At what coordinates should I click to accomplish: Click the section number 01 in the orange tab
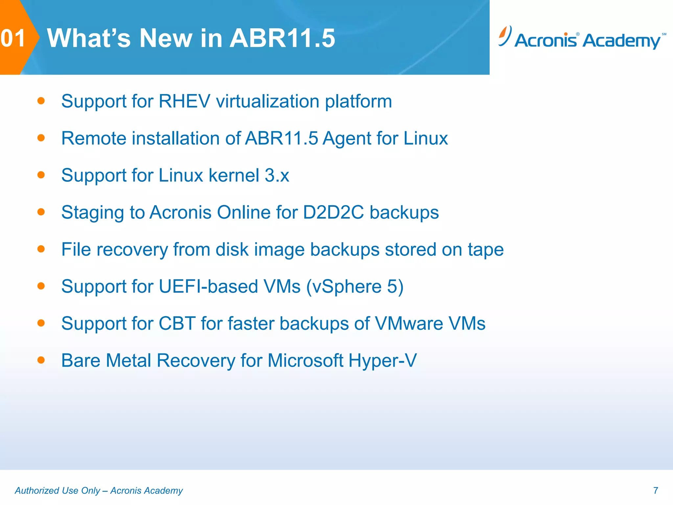tap(13, 38)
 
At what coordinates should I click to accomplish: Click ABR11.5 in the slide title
tap(282, 38)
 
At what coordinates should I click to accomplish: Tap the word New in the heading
tap(166, 38)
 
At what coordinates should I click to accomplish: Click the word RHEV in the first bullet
tap(184, 101)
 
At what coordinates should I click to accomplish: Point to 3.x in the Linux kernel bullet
tap(277, 175)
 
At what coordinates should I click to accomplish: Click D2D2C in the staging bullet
tap(333, 212)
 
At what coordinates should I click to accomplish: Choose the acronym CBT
tap(177, 324)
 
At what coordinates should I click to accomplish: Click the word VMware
tap(409, 324)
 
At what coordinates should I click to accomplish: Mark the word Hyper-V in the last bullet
tap(383, 361)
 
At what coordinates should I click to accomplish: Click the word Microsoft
tap(305, 361)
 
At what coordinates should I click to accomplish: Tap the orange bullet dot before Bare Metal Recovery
tap(41, 360)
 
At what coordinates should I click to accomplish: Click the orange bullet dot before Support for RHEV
tap(41, 101)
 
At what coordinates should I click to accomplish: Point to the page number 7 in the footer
tap(656, 491)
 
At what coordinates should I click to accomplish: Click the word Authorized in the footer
tap(37, 491)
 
